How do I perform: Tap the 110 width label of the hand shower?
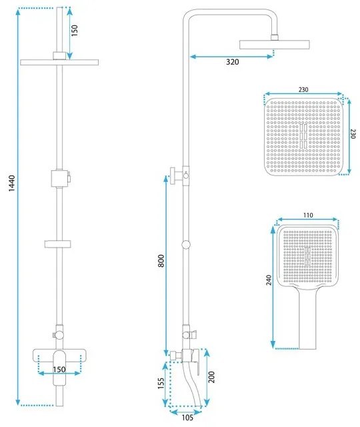[x=307, y=216]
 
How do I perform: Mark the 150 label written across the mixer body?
[x=59, y=370]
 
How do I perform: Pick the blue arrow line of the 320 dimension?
[x=231, y=55]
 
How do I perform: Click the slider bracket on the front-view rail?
[x=59, y=178]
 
